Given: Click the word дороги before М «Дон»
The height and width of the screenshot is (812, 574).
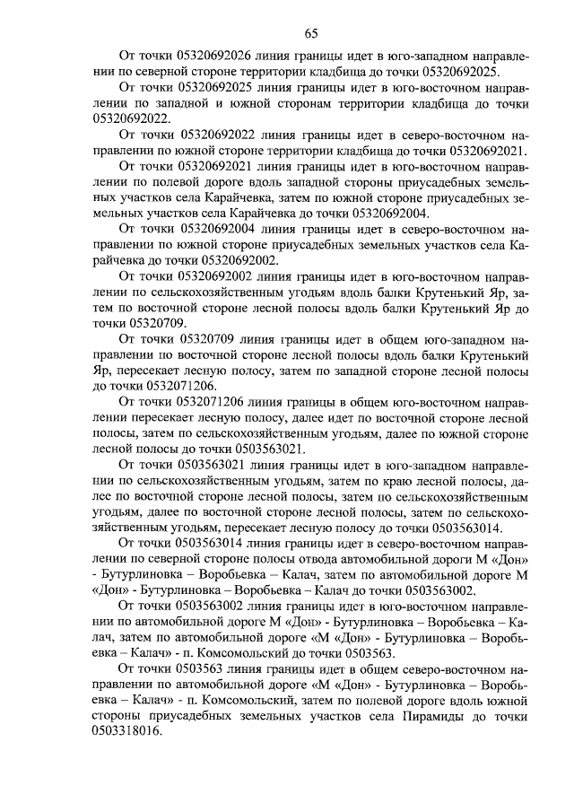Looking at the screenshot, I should (x=454, y=558).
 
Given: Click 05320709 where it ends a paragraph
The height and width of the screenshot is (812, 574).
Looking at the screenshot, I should (x=146, y=322).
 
